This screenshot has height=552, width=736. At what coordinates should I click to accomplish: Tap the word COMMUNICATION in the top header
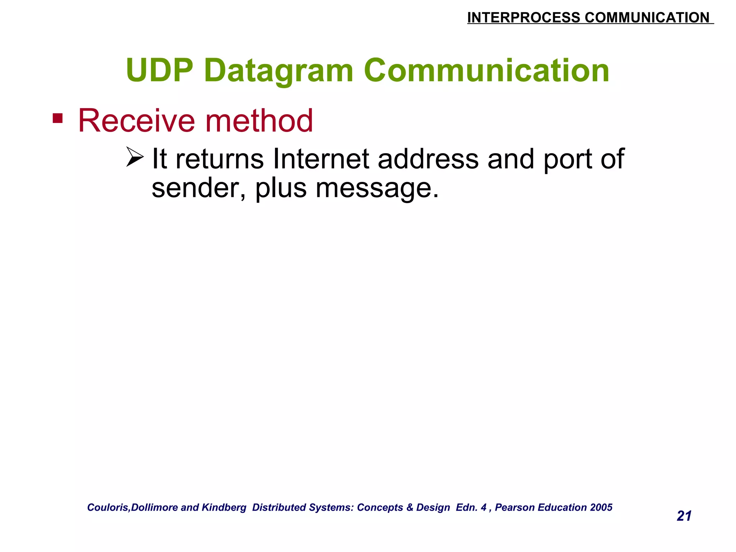(x=647, y=18)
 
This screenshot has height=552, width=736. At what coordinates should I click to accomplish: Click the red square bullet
(x=57, y=118)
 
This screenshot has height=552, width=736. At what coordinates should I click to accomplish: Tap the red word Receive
(x=137, y=121)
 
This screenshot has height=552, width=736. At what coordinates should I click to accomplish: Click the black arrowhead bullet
(x=135, y=157)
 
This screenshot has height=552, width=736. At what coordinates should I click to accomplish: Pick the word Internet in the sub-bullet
(x=321, y=159)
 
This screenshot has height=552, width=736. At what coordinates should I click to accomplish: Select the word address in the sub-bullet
(x=428, y=159)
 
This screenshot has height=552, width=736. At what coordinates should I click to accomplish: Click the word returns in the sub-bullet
(x=219, y=159)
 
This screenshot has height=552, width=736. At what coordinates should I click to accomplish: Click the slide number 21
(x=684, y=516)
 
